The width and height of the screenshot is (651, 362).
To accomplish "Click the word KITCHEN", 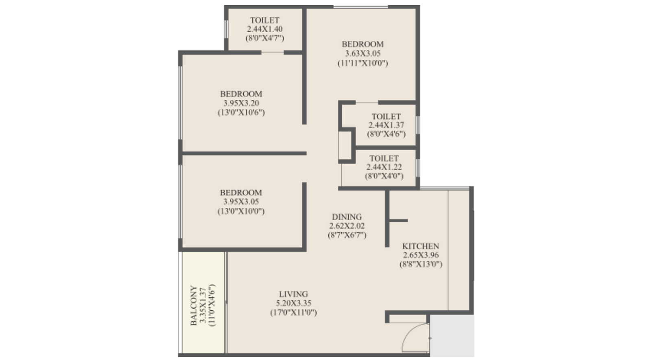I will pyautogui.click(x=420, y=246).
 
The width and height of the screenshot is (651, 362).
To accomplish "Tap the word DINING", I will pyautogui.click(x=347, y=217).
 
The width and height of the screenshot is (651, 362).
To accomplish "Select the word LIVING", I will pyautogui.click(x=293, y=294).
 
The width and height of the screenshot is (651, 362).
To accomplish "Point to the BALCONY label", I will pyautogui.click(x=194, y=305).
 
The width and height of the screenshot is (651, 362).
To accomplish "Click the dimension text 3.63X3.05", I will pyautogui.click(x=363, y=53).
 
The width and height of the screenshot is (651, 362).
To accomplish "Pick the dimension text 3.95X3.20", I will pyautogui.click(x=241, y=103).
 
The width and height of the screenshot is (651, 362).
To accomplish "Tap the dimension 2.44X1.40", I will pyautogui.click(x=264, y=29).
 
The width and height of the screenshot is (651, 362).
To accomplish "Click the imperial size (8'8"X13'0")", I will pyautogui.click(x=420, y=264).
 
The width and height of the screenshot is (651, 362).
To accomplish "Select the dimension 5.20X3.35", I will pyautogui.click(x=293, y=303).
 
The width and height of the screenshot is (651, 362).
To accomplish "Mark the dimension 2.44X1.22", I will pyautogui.click(x=384, y=167).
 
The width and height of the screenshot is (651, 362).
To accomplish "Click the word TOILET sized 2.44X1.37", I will pyautogui.click(x=386, y=116).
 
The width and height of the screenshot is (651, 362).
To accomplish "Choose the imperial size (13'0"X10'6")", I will pyautogui.click(x=241, y=112).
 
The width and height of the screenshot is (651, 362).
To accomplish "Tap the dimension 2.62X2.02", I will pyautogui.click(x=347, y=226).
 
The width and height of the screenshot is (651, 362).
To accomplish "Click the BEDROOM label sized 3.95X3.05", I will pyautogui.click(x=241, y=193).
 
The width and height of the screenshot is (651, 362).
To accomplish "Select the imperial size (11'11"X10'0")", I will pyautogui.click(x=363, y=63).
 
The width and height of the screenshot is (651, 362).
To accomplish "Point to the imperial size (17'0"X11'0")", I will pyautogui.click(x=293, y=312).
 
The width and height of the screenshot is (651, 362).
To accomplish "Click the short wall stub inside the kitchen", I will pyautogui.click(x=398, y=221).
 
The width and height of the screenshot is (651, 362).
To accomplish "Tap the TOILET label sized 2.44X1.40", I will pyautogui.click(x=264, y=20).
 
